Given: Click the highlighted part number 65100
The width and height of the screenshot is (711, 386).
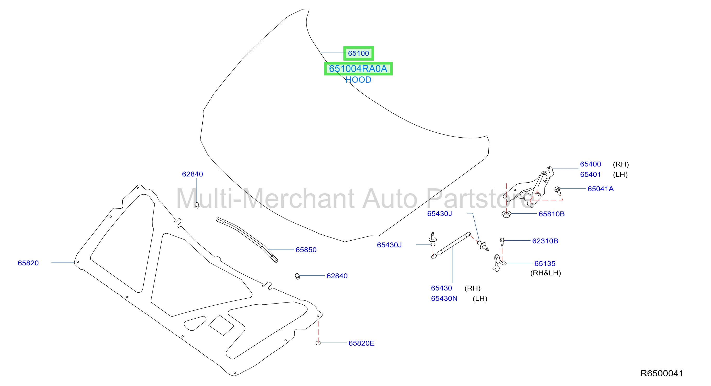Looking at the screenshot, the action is pos(358,53).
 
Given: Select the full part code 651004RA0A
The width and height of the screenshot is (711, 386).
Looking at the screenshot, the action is pos(358,68).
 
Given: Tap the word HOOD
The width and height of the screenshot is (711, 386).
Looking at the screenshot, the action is pos(358,80).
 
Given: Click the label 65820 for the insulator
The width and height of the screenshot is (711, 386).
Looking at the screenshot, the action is pos(28,263).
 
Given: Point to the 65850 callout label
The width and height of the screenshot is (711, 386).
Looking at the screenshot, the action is pos(306,249).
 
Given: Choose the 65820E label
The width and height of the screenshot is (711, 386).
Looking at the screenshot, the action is pos(361,343).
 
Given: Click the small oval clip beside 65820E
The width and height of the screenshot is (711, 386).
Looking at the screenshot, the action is pos(318,343).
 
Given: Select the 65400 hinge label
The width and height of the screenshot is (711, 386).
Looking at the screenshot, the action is pos(590,164).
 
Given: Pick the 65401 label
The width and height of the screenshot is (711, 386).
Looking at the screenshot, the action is pos(590,174).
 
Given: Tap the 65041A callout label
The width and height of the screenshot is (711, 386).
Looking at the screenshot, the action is pos(600,189).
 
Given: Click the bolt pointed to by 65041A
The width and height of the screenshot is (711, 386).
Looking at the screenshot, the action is pos(557,190).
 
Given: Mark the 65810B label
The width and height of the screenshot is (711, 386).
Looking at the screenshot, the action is pos(551,214).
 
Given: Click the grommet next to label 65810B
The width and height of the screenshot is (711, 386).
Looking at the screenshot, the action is pos(506,214).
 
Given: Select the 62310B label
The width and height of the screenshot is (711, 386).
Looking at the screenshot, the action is pos(545,241).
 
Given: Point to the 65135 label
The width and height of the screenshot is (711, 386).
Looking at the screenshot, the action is pos(545,263).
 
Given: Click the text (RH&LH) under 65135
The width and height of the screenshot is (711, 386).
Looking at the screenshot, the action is pos(546,273).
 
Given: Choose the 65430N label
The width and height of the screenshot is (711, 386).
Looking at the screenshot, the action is pos(444,298).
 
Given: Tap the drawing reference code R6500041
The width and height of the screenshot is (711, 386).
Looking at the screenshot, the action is pos(662,373).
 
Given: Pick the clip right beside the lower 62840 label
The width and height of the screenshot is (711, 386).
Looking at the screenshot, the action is pos(297,276).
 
